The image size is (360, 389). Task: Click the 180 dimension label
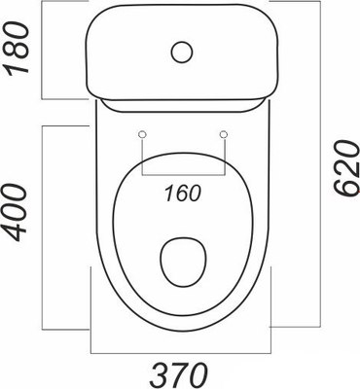tap(17, 50)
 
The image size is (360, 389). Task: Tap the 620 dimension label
tap(346, 168)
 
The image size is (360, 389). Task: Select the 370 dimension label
tap(179, 373)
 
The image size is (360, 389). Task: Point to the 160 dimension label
tap(183, 194)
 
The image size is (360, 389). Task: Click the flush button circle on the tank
tap(182, 52)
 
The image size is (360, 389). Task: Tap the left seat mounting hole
tap(142, 134)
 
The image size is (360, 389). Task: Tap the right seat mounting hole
tap(224, 134)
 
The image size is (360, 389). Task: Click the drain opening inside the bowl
tap(183, 263)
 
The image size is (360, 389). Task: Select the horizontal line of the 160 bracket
tap(183, 176)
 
